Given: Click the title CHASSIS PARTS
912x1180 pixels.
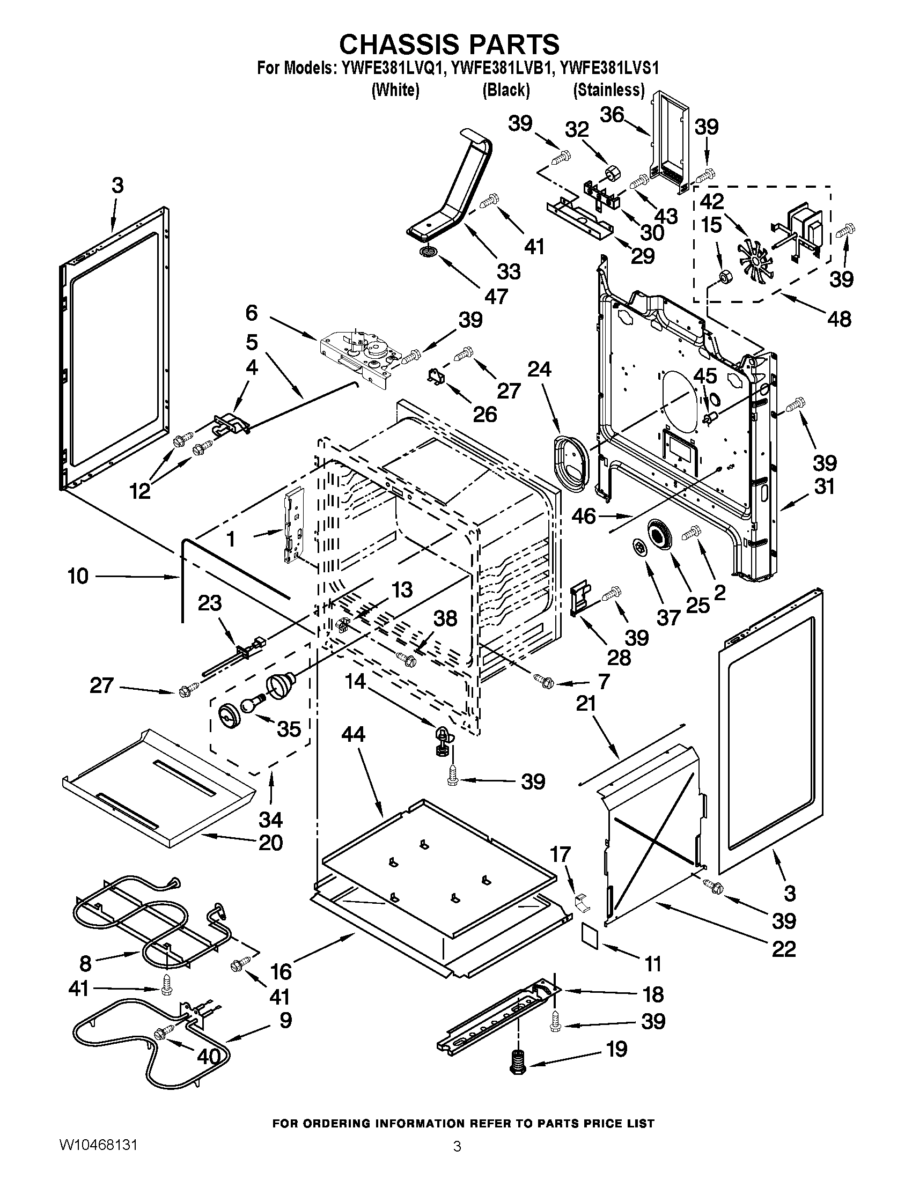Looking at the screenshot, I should coord(449,45).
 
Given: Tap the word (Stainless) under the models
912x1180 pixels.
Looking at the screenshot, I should coord(608,90).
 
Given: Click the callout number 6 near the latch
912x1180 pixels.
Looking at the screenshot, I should coord(251,313).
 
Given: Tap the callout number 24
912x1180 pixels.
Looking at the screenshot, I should coord(539,370).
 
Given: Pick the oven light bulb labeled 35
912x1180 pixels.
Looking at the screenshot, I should coord(253,704).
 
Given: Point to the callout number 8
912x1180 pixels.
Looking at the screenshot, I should coord(85,963).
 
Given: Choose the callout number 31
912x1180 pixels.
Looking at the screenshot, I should coord(824,487).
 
